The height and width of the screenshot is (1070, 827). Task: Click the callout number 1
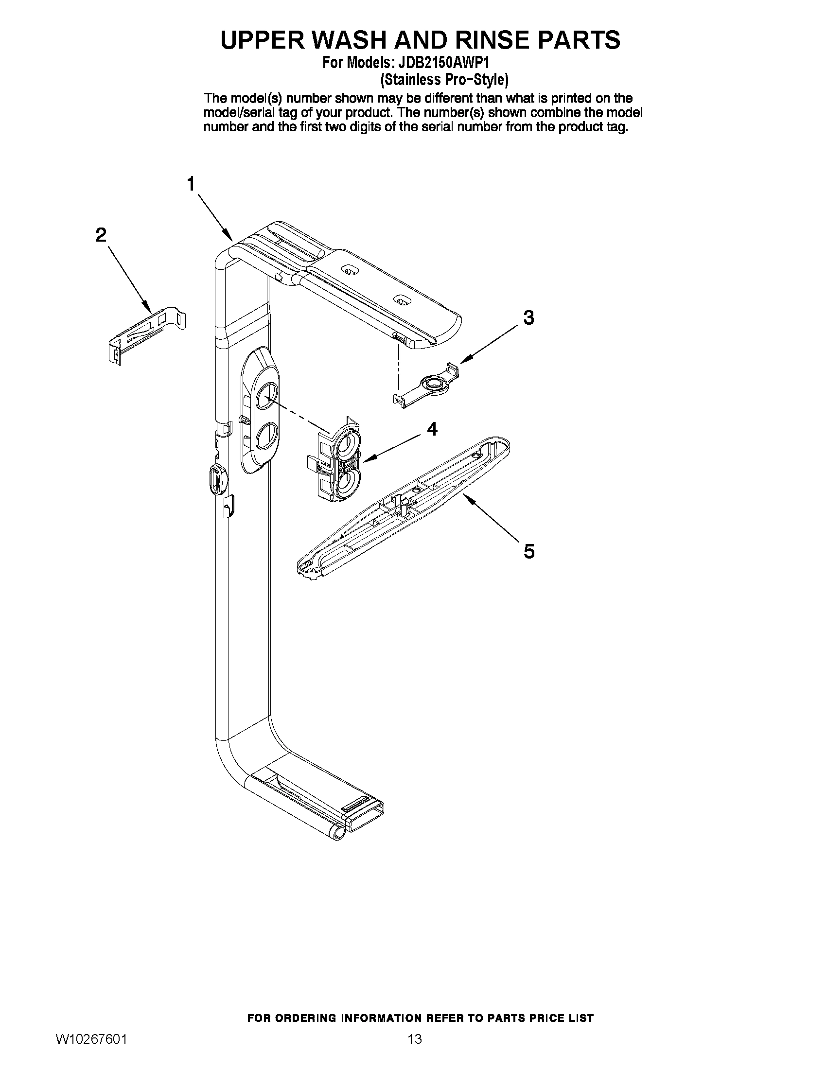191,184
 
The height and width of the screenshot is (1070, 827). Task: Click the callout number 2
101,235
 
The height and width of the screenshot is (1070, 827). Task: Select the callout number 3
528,318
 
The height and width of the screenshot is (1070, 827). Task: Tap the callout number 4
432,429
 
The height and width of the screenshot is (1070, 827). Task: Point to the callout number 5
529,551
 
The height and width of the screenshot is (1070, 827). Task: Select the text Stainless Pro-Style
444,79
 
